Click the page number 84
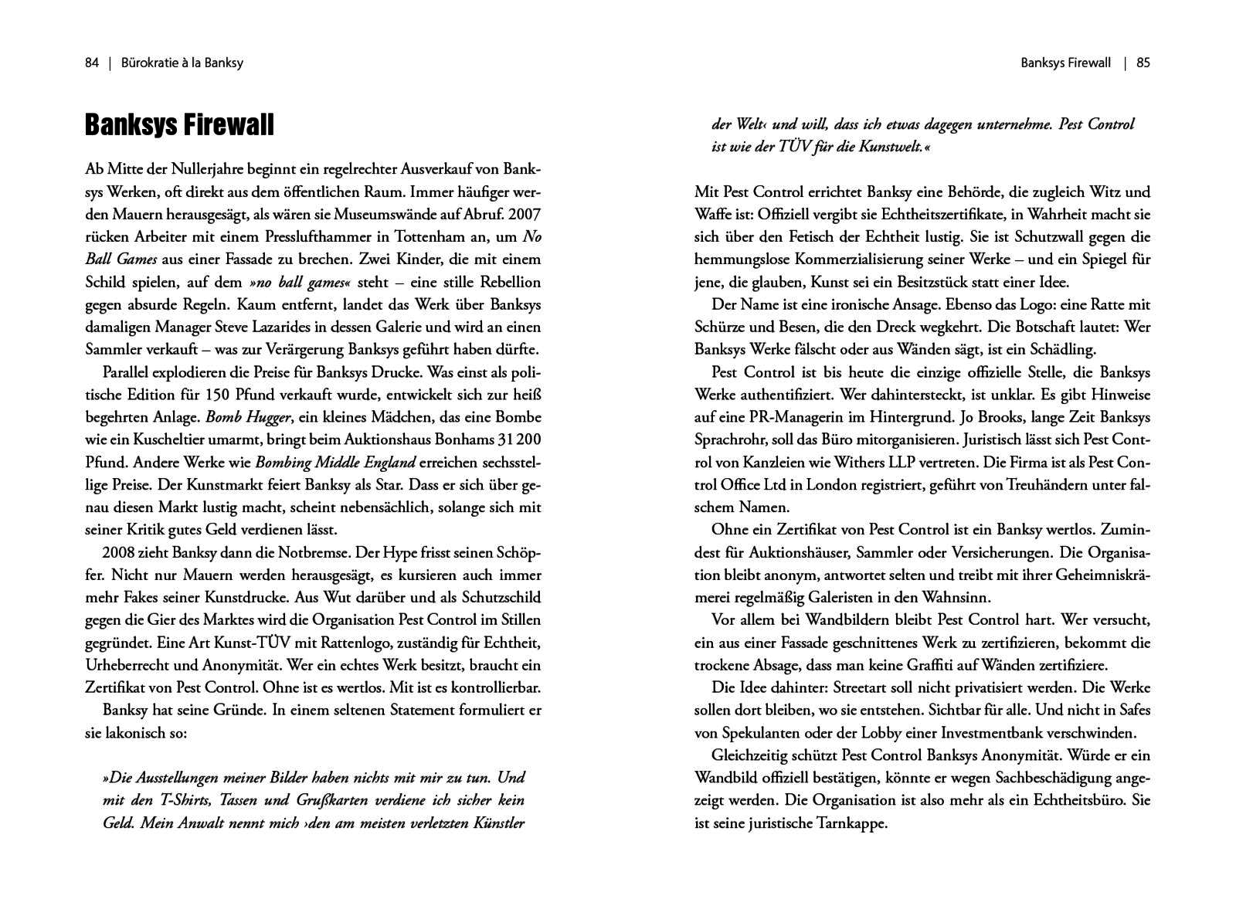click(92, 63)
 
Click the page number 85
click(1143, 63)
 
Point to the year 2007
click(525, 214)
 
